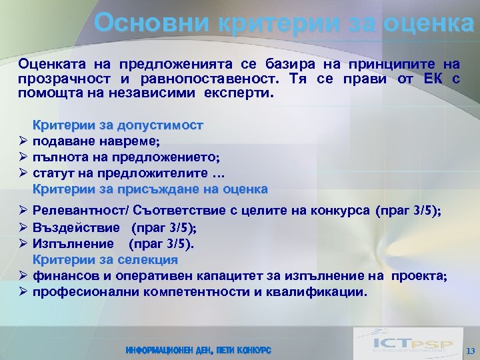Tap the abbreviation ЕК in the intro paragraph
[433, 79]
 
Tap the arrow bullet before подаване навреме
[23, 141]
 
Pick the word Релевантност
[72, 211]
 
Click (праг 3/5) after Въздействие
[161, 227]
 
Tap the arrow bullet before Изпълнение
[23, 243]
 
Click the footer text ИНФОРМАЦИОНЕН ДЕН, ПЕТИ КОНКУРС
[198, 350]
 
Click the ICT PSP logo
[403, 343]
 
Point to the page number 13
[470, 351]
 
